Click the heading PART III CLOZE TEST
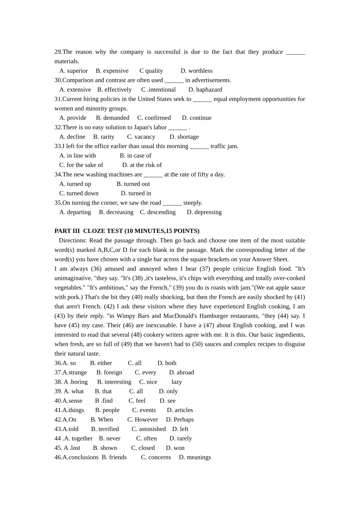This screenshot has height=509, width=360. pos(127,231)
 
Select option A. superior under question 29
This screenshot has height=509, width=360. pos(74,71)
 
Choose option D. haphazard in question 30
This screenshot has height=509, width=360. pos(205,90)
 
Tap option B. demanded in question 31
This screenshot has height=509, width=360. pos(113,118)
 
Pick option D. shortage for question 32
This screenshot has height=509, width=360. pos(184,137)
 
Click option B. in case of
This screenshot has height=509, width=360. pos(135,156)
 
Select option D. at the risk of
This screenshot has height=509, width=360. pos(142,165)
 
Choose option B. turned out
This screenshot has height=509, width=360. pos(133,184)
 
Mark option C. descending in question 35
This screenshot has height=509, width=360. pos(158,212)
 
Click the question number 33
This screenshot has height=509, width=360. pos(58,146)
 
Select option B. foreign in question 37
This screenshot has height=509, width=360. pos(109,372)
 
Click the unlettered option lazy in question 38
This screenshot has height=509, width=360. pos(177,382)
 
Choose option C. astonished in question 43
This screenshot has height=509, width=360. pos(149,429)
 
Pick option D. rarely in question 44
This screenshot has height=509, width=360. pos(180,439)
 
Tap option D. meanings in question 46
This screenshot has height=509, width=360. pos(195,457)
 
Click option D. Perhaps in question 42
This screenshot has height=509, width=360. pos(180,420)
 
